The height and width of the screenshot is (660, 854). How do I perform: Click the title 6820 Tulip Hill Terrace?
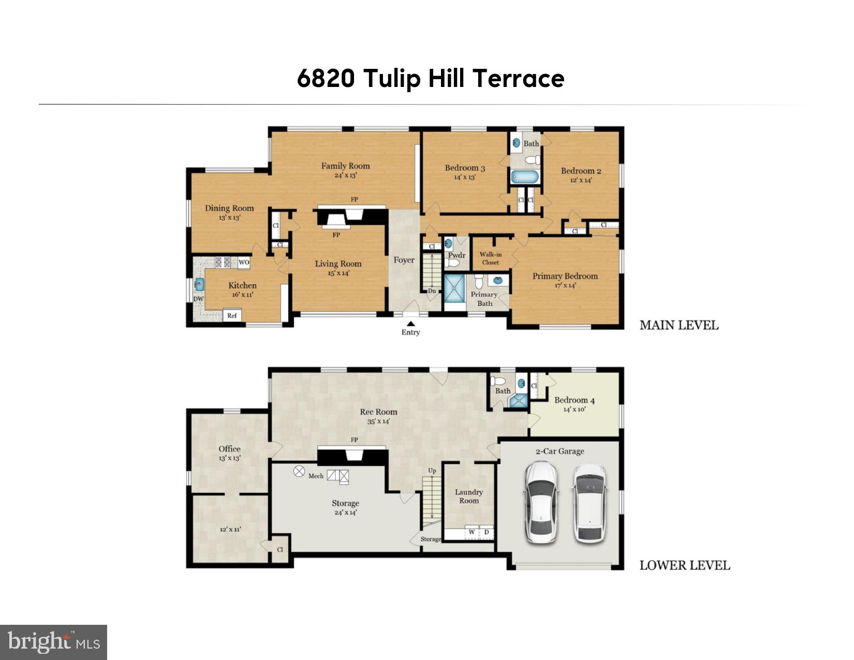coord(431,79)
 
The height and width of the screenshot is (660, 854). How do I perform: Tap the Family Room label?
coord(345,166)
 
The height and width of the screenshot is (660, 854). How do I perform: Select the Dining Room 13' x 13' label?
coord(229,212)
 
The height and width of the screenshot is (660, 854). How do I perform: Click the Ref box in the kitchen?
coord(232,315)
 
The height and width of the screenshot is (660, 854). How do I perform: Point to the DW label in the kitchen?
coord(198,299)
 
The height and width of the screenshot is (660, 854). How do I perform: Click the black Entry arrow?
coord(410,324)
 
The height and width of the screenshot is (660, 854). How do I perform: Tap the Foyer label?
coord(404,260)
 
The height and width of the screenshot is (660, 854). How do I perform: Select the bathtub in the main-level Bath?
coord(525,177)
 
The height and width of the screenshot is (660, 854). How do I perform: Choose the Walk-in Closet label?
coord(490,258)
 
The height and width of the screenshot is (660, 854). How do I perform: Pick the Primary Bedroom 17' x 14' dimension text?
coord(565,285)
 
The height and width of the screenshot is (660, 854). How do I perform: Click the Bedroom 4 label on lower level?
coord(575,400)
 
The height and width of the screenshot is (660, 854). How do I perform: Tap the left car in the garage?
coord(541,502)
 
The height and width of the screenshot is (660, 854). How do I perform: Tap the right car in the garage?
coord(590,502)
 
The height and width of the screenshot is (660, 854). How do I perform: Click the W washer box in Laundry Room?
coord(472,532)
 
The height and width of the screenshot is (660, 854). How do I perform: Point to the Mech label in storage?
coord(316,476)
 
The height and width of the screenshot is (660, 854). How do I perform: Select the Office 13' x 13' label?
coord(229,453)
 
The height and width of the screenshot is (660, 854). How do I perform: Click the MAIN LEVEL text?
coord(679,325)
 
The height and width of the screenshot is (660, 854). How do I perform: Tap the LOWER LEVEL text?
coord(685,565)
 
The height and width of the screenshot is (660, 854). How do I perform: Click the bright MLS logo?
coord(53,642)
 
